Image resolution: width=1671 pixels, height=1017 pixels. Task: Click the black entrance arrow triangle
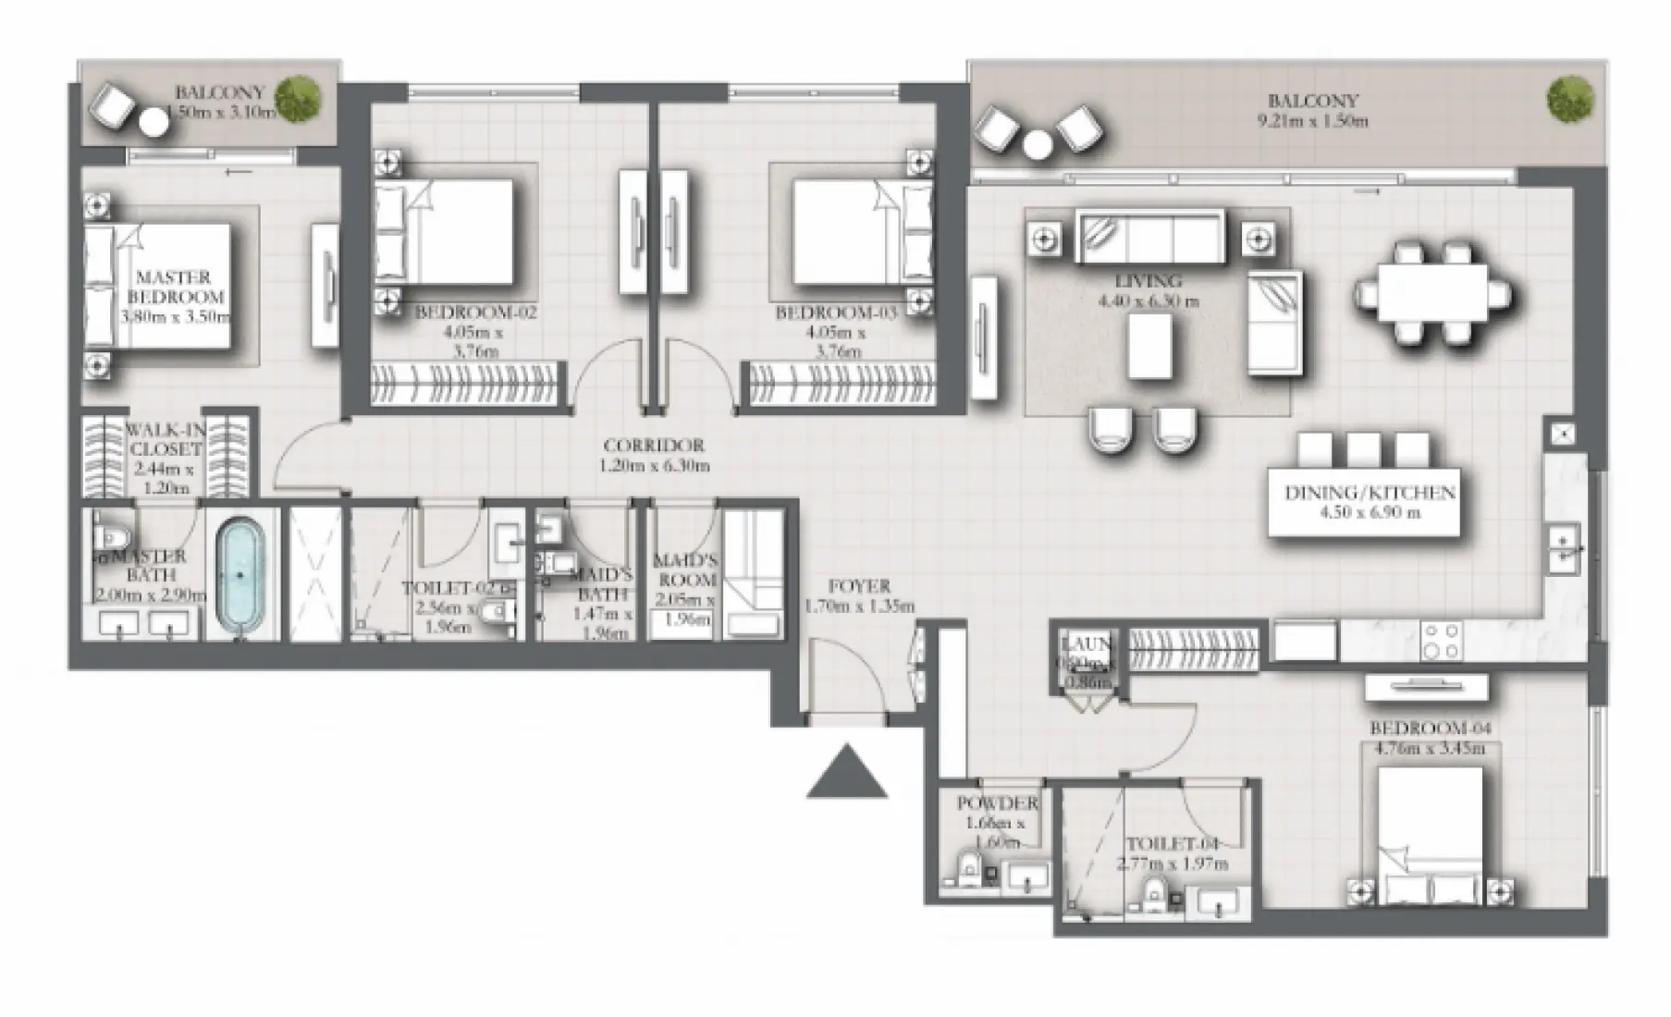point(846,777)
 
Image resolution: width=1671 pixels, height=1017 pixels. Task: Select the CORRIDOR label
point(654,446)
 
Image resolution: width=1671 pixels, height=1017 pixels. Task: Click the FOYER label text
point(859,586)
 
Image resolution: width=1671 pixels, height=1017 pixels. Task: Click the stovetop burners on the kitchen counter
point(1442,640)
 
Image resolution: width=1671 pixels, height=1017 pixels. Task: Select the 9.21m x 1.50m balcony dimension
point(1312,121)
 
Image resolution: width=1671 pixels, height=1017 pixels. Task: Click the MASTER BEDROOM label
point(175,287)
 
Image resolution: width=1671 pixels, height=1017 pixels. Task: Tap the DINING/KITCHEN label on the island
point(1370,494)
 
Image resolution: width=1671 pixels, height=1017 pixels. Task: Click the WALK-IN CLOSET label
point(164,439)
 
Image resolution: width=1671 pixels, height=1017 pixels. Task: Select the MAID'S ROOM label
point(685,570)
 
